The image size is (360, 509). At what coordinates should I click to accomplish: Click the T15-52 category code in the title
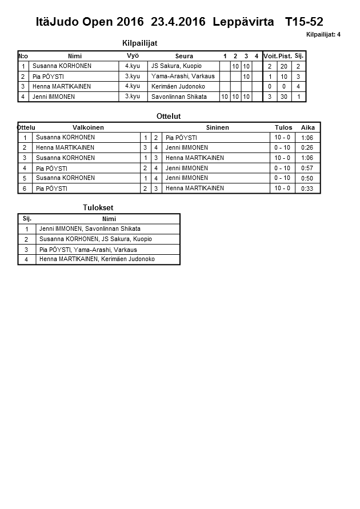(x=304, y=22)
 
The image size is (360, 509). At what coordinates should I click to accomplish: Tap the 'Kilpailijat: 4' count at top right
(x=323, y=35)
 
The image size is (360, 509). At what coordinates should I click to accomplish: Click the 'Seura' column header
(x=184, y=56)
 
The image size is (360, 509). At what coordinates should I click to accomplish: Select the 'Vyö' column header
(x=133, y=56)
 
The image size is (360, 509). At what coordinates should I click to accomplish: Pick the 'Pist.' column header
(x=285, y=56)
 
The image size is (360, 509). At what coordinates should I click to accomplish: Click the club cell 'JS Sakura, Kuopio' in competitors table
(x=176, y=66)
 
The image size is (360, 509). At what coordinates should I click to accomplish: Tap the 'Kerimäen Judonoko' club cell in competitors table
(x=178, y=86)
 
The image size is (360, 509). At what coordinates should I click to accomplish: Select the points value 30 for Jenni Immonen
(x=285, y=97)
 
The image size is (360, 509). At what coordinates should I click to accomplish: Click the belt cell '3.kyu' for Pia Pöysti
(x=133, y=77)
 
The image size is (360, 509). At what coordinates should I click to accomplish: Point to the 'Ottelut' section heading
(x=169, y=116)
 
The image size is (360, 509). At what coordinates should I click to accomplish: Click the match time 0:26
(x=307, y=148)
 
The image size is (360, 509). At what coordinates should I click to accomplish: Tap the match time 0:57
(x=307, y=169)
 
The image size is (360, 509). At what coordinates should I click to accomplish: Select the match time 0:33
(x=307, y=189)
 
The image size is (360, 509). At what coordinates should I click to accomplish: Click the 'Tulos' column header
(x=283, y=127)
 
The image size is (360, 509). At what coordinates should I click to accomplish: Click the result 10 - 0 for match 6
(x=282, y=189)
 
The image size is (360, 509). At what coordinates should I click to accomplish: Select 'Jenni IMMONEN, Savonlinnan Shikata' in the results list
(x=90, y=229)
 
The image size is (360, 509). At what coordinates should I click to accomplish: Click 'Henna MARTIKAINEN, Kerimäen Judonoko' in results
(x=97, y=259)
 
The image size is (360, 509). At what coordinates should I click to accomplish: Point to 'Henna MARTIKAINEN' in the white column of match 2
(x=65, y=147)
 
